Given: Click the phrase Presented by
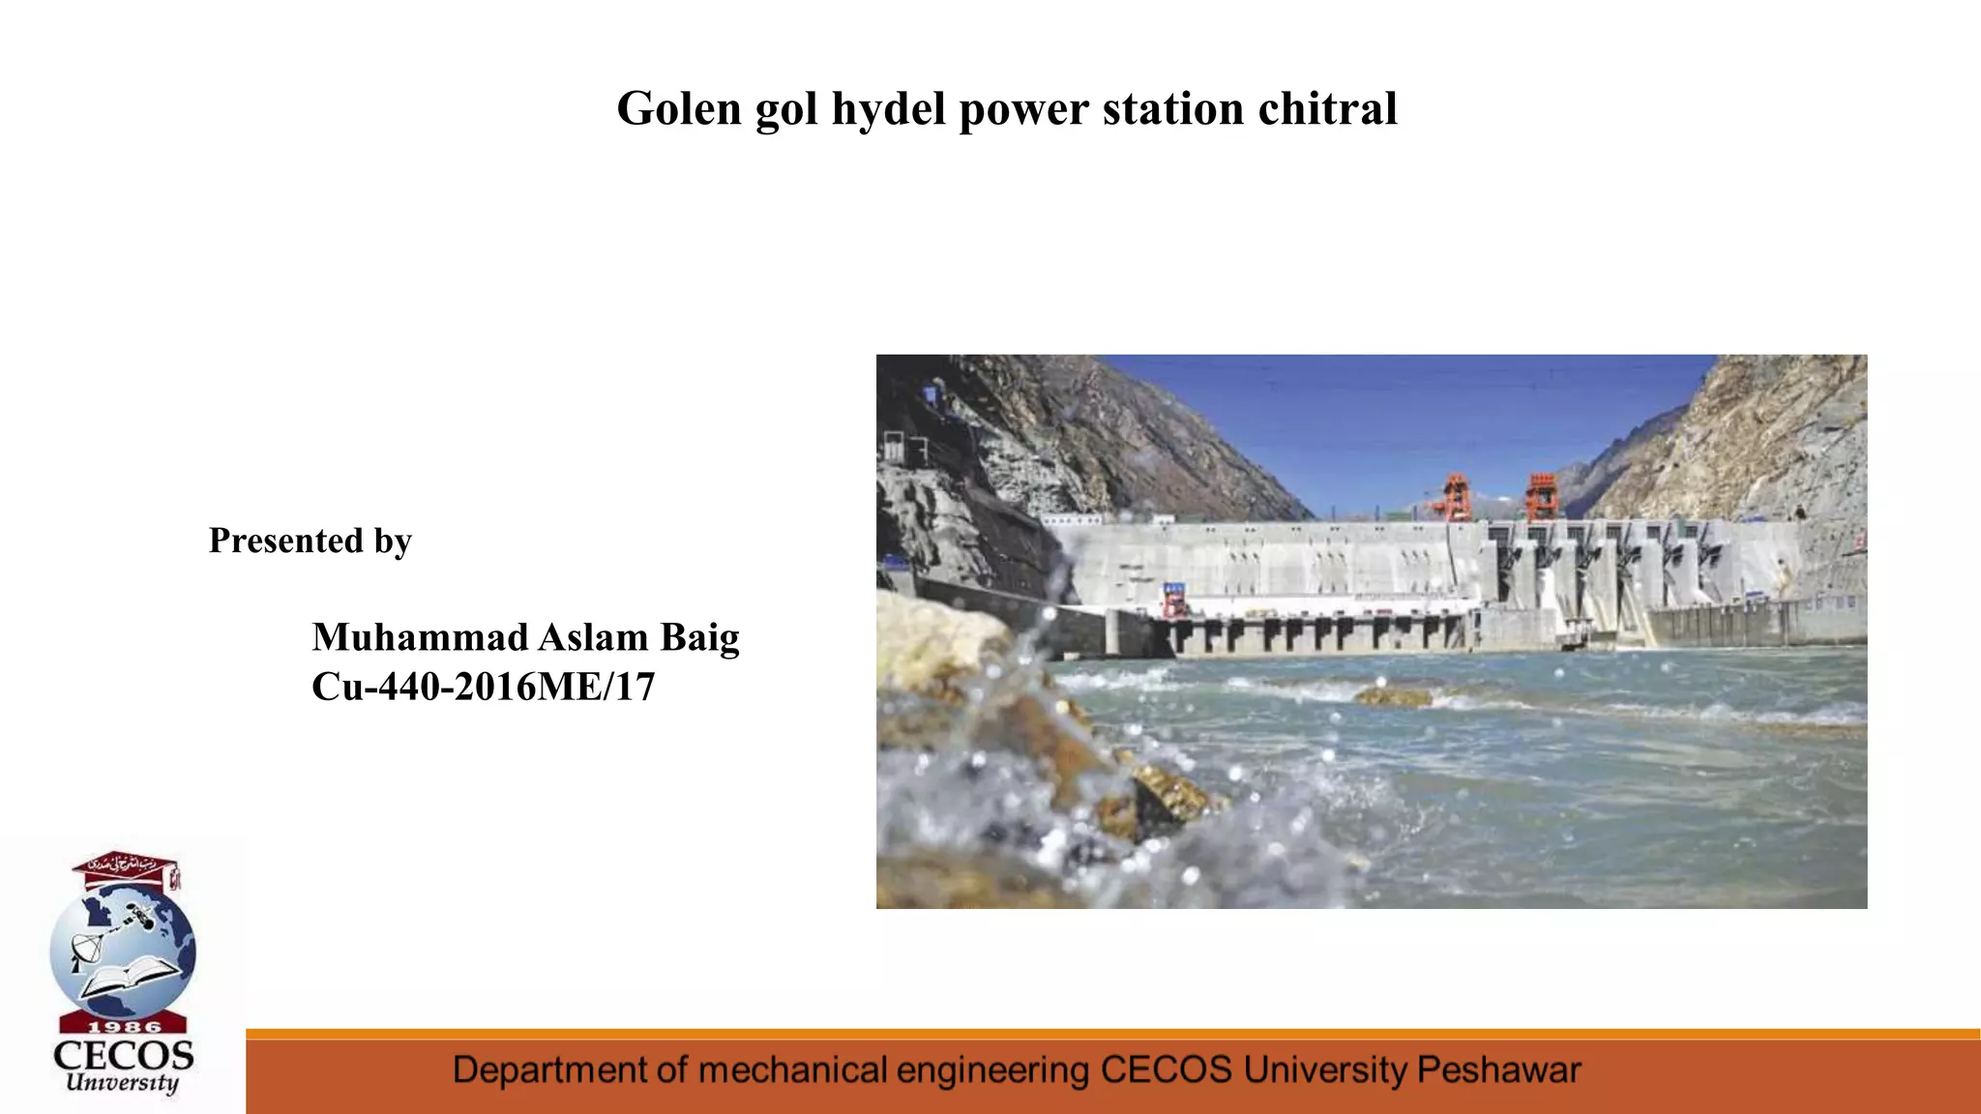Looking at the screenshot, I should point(310,541).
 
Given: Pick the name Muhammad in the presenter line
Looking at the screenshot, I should point(420,637).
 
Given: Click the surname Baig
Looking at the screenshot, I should point(699,637).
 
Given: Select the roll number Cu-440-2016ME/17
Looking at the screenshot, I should point(483,687).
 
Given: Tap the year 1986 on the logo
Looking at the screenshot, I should point(124,1026).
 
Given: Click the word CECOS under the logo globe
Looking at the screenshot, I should point(124,1055).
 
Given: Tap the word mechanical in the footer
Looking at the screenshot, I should point(792,1070).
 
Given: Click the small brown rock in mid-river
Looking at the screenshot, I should point(1393,696).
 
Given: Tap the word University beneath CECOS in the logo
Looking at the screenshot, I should point(122,1083).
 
